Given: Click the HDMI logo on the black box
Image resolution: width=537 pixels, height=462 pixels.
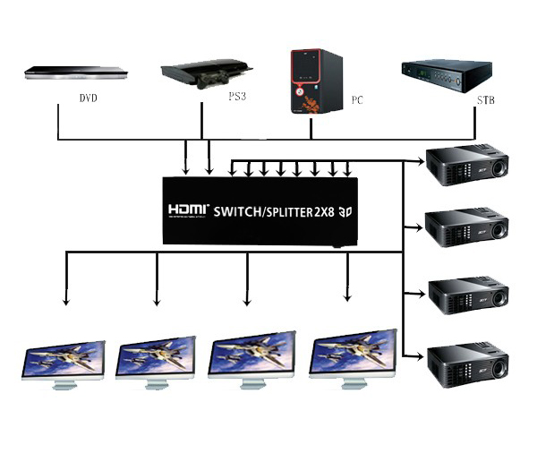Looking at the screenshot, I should pos(186,211).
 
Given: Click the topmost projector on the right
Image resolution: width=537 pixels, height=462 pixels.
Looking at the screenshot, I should pos(467,164).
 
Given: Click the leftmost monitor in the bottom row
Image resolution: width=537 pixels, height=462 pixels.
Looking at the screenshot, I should pos(64,362).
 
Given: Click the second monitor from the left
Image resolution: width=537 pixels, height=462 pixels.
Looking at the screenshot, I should pos(157,362).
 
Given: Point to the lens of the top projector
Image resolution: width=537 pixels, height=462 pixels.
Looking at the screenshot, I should pos(494,167).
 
